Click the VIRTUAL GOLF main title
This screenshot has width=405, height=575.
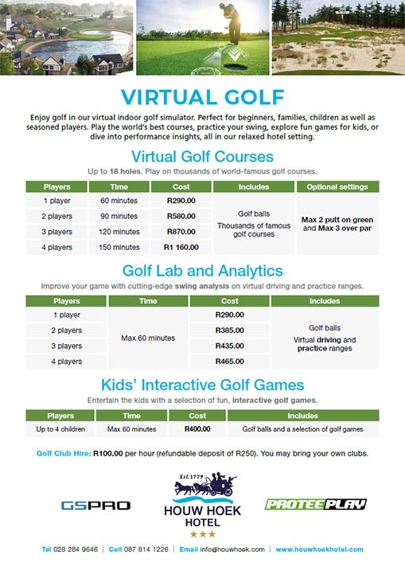point(202,97)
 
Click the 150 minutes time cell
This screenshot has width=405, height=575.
point(120,248)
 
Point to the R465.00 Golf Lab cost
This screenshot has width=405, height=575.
point(229,362)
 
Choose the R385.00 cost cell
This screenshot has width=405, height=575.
point(229,330)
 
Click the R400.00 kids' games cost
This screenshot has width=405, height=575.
point(197,429)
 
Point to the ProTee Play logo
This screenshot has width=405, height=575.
point(315,504)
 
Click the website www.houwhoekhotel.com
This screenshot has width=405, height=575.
point(319,550)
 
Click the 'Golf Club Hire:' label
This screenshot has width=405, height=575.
point(63,453)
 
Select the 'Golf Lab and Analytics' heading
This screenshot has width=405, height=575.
point(202,270)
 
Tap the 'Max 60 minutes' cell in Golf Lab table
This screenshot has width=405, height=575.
point(147,338)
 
